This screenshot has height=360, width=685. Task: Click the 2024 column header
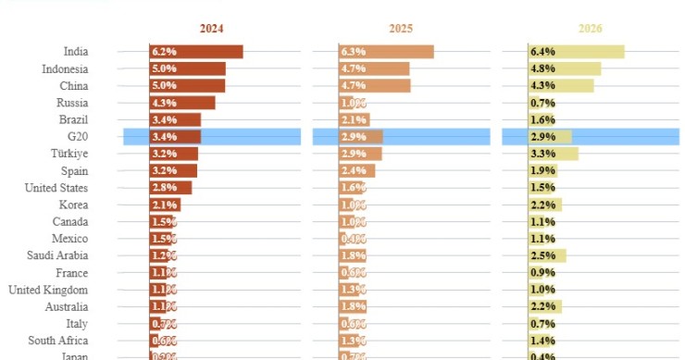211,29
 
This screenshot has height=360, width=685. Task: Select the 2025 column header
400,29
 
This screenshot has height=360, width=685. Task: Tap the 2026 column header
590,29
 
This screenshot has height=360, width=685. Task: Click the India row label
76,52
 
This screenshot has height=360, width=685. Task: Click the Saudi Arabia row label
58,256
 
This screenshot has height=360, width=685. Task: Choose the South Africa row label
57,341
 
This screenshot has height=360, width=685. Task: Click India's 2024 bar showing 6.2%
196,52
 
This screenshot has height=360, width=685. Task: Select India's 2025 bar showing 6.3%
386,52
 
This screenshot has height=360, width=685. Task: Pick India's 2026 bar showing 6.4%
576,52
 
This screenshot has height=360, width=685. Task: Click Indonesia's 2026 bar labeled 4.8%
564,68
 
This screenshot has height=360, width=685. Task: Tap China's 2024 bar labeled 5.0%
187,86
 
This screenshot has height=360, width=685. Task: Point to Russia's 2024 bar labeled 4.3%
182,103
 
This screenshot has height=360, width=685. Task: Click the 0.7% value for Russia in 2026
542,103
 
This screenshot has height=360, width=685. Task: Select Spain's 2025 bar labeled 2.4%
357,171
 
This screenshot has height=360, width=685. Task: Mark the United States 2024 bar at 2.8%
170,188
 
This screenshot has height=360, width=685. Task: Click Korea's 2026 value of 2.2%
542,205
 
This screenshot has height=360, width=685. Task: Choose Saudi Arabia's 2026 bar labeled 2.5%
547,256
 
